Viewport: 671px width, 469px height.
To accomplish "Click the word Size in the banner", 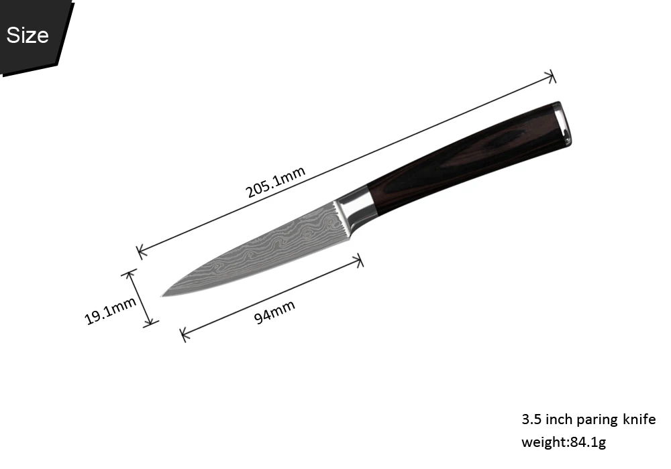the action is click(28, 35).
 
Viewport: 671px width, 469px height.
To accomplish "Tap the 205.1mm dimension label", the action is click(276, 182).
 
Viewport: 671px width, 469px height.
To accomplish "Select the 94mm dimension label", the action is click(274, 312).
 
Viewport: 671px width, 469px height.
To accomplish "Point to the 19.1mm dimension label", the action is click(111, 310).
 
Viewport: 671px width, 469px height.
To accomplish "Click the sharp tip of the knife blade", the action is click(162, 295).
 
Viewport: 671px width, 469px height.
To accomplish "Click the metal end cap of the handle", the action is click(562, 124).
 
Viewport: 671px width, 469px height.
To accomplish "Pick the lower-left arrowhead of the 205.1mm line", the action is click(140, 252).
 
